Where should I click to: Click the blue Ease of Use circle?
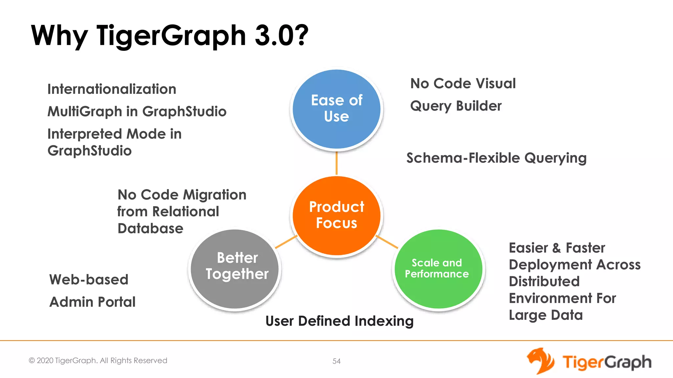click(336, 109)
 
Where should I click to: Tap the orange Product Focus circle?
click(336, 216)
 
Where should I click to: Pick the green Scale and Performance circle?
click(438, 269)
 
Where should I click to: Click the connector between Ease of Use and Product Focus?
click(336, 163)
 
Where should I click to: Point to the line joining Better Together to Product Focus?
click(286, 242)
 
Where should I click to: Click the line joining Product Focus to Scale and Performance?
click(387, 242)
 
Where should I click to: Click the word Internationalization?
click(112, 89)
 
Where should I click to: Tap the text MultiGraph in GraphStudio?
click(137, 112)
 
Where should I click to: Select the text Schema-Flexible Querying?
click(496, 158)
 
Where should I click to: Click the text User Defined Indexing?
click(339, 321)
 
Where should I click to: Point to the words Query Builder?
click(456, 106)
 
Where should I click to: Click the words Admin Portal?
click(92, 302)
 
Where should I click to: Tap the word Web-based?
click(89, 280)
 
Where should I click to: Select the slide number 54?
click(336, 361)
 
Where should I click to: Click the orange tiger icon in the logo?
click(540, 361)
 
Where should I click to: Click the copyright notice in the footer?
click(98, 361)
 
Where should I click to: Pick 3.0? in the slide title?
click(282, 35)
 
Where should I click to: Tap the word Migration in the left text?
click(215, 195)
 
